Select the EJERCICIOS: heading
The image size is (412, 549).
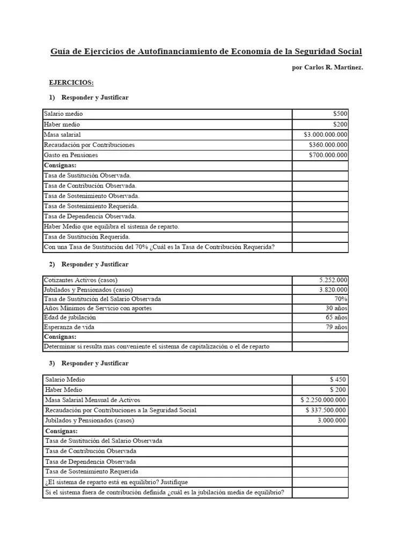[x=71, y=83]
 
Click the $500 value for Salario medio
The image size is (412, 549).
[x=340, y=114]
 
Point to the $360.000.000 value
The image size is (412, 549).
[x=328, y=145]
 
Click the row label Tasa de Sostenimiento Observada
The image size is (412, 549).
[x=92, y=196]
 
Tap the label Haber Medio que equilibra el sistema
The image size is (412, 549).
[x=112, y=226]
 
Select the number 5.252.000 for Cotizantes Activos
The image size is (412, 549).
[x=333, y=280]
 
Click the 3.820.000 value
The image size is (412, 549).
[x=333, y=290]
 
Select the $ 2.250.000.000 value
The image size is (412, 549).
[x=324, y=400]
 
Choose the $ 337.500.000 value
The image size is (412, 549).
[x=326, y=410]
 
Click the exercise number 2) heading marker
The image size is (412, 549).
[x=52, y=264]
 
